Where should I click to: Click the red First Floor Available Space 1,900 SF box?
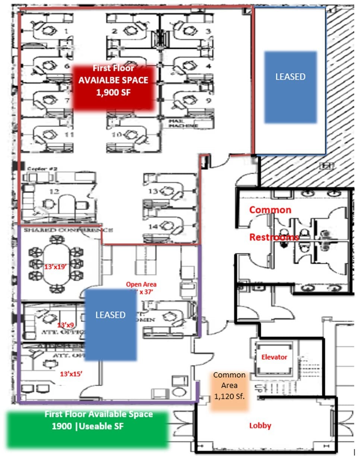(113, 88)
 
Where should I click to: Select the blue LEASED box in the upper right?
(290, 87)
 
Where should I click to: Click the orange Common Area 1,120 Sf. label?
(229, 386)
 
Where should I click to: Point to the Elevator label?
(274, 357)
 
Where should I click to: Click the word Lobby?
(260, 425)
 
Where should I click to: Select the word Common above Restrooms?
(270, 210)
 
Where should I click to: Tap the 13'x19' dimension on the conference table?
(55, 267)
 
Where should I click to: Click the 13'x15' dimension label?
(71, 373)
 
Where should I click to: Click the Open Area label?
(141, 284)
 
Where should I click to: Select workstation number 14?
(154, 226)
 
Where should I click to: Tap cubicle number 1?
(67, 31)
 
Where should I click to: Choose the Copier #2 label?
(42, 169)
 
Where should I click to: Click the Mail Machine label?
(183, 124)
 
